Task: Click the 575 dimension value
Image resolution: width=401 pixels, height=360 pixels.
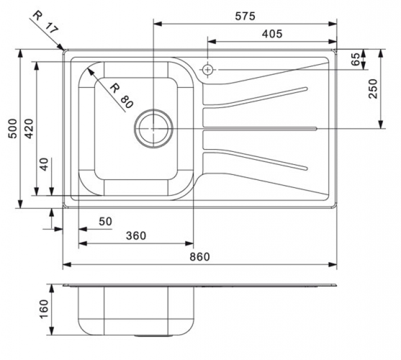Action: click(245, 16)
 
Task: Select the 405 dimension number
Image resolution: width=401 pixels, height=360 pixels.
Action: click(272, 34)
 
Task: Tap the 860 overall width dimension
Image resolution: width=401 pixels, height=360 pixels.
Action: click(199, 257)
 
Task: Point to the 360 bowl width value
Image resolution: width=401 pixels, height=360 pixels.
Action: click(136, 236)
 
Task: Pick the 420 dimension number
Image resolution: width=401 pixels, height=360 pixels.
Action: click(27, 130)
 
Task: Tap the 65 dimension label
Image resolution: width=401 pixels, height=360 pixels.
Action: click(355, 60)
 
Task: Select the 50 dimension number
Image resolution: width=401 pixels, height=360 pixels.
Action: click(105, 222)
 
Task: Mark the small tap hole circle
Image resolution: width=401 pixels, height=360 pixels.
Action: click(208, 70)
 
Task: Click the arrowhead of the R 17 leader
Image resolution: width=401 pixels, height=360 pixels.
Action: click(63, 49)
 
